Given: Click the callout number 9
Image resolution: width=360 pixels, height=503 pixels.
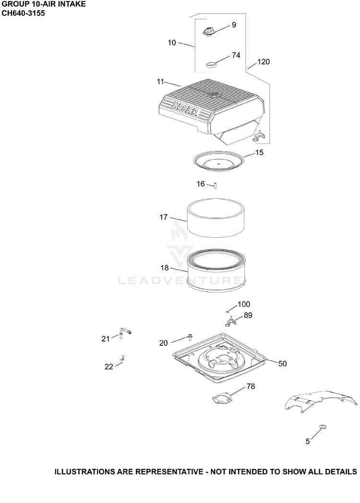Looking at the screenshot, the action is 234,25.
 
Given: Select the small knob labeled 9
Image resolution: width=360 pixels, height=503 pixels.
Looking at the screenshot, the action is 209,31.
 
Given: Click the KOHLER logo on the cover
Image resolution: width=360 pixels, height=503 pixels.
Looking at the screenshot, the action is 185,109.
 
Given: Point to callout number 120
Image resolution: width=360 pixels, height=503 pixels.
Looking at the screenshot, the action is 264,61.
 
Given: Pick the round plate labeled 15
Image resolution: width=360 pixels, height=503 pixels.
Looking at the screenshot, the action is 219,162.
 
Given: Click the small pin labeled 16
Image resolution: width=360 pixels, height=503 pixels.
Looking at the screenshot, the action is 216,185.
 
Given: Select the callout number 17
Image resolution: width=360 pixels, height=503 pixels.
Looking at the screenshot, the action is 164,217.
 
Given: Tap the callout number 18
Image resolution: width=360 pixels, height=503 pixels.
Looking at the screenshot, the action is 164,268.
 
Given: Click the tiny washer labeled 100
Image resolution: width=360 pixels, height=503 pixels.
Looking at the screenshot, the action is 228,311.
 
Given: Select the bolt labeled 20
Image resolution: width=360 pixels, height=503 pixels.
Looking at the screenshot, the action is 190,337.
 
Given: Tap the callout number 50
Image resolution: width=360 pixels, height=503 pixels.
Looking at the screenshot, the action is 282,364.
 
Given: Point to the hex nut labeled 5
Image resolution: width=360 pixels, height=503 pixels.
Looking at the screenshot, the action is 323,427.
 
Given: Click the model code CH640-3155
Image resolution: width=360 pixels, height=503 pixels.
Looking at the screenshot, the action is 23,13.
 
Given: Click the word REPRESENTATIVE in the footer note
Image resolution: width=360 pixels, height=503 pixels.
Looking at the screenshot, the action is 169,472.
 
